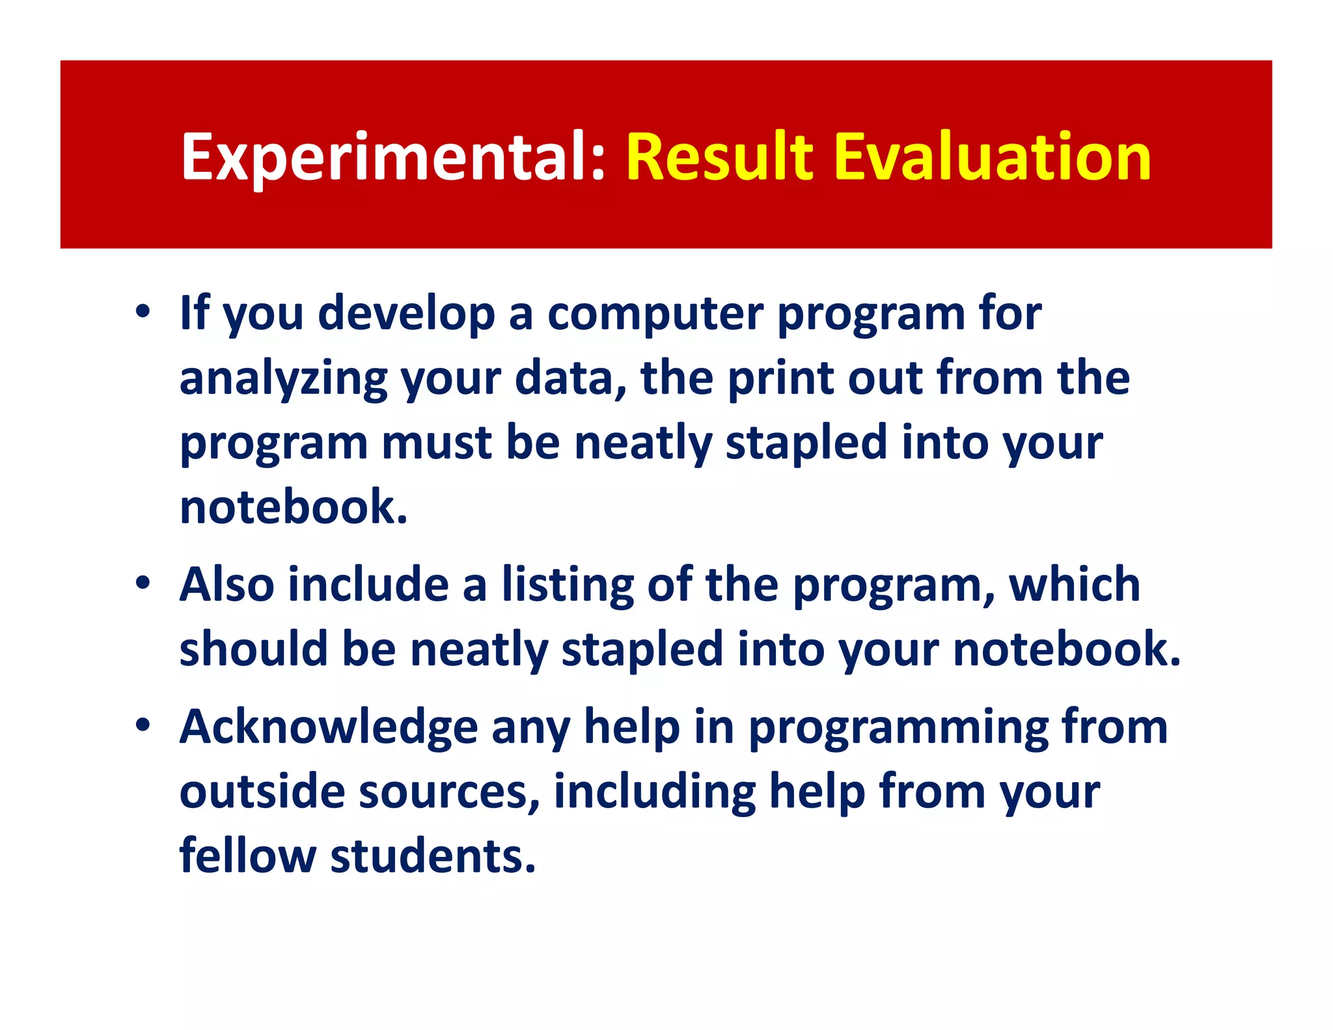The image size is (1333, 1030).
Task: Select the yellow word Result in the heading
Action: coord(720,157)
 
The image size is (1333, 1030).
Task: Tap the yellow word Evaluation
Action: coord(992,157)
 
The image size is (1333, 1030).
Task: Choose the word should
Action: coord(254,649)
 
